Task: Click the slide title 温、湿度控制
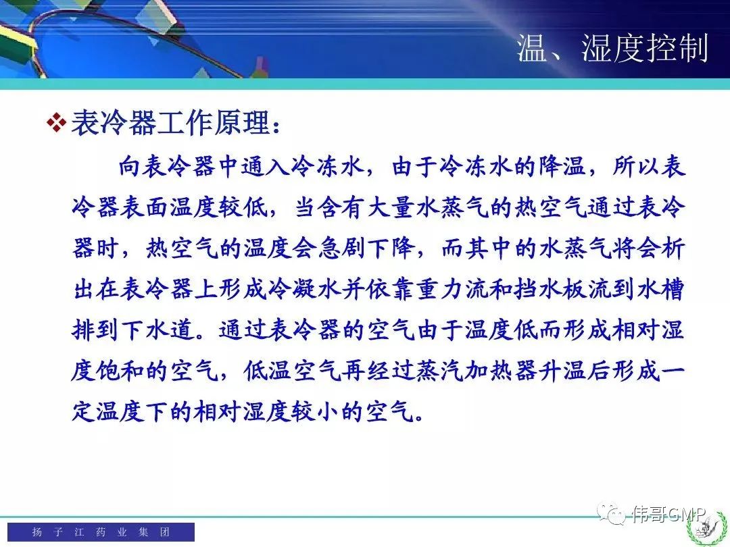click(612, 48)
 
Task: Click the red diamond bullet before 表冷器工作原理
click(57, 123)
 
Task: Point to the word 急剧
click(342, 248)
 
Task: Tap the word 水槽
click(660, 289)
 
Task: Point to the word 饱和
click(120, 371)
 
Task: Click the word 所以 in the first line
click(636, 167)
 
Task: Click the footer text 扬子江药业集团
click(101, 531)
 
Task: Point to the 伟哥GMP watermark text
click(668, 513)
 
